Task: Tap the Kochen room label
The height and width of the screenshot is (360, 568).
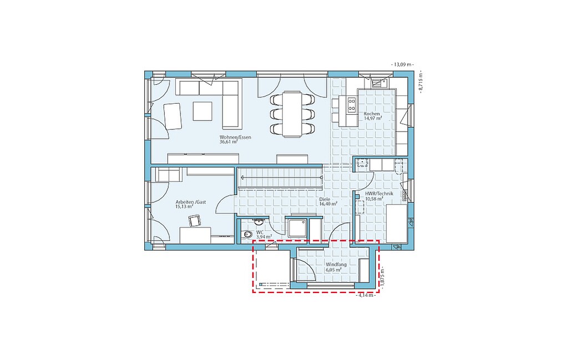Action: point(372,114)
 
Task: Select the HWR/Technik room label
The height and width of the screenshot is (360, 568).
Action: point(379,194)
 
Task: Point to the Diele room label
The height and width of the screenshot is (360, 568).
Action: point(324,199)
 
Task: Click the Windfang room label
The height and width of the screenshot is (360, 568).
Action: point(336,265)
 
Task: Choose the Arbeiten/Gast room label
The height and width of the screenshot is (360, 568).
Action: point(191,202)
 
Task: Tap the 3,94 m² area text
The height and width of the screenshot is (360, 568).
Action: point(264,237)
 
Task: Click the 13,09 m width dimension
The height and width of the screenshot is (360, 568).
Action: point(403,65)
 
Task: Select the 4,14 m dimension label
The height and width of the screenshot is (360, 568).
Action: point(366,296)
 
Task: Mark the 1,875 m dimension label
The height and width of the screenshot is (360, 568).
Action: point(383,278)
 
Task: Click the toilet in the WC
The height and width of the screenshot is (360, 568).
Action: point(247,234)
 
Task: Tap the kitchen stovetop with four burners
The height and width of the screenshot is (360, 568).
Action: point(352,105)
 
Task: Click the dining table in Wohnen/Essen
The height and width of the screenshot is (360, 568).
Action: point(292,114)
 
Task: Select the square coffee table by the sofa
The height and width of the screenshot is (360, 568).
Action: point(202,111)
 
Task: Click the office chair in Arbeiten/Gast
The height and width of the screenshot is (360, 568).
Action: point(194,221)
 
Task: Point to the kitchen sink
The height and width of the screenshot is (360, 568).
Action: point(379,83)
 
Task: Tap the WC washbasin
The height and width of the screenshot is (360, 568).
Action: point(258,221)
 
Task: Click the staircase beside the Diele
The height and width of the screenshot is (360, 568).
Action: point(280,178)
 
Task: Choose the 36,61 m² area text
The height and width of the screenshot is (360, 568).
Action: point(228,143)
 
